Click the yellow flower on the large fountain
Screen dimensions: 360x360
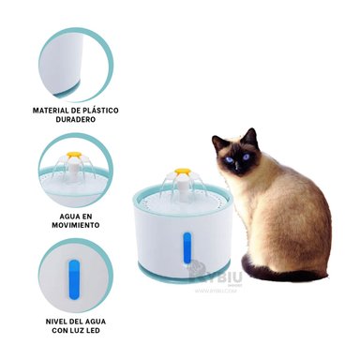[182, 173]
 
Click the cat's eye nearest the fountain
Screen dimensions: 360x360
[228, 157]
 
